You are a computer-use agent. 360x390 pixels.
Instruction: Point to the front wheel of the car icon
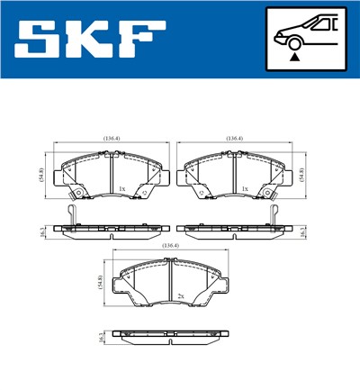pyautogui.click(x=293, y=42)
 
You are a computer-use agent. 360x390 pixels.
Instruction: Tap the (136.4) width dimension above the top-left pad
pyautogui.click(x=112, y=139)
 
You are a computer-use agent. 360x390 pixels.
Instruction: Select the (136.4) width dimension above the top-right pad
pyautogui.click(x=235, y=139)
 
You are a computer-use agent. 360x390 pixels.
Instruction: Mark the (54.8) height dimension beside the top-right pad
pyautogui.click(x=302, y=175)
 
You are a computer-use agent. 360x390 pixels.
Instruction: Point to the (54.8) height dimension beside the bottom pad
pyautogui.click(x=102, y=282)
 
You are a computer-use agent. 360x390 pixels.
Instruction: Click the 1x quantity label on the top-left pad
pyautogui.click(x=121, y=189)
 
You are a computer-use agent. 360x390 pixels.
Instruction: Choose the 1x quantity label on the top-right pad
pyautogui.click(x=245, y=189)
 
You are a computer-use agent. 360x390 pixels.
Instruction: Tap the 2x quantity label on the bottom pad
pyautogui.click(x=181, y=295)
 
